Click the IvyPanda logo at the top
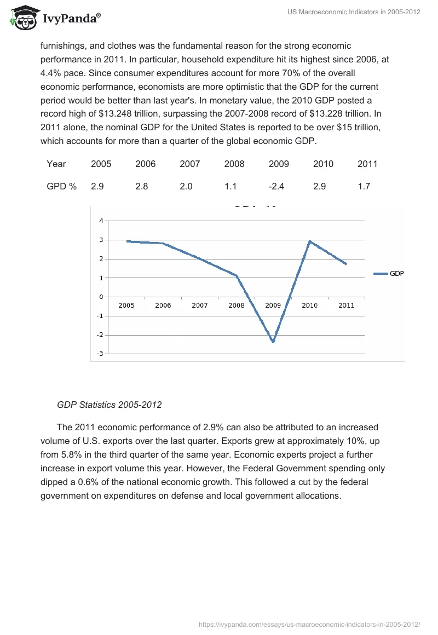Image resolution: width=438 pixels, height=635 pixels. click(x=55, y=18)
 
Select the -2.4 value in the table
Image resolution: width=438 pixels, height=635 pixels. click(x=276, y=186)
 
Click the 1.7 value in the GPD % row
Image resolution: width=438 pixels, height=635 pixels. click(x=364, y=186)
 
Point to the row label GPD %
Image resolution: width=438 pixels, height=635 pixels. click(x=61, y=186)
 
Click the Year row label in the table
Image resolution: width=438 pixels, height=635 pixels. click(x=56, y=164)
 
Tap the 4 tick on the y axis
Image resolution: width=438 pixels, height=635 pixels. click(x=101, y=221)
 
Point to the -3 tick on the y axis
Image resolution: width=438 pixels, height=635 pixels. click(x=100, y=354)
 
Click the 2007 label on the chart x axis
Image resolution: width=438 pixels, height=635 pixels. click(x=199, y=305)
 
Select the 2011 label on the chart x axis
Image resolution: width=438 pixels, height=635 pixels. click(x=346, y=305)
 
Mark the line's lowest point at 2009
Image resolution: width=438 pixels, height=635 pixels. click(x=273, y=342)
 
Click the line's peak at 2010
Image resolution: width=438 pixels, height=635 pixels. click(x=309, y=241)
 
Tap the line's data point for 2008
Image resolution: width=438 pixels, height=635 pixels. click(x=237, y=275)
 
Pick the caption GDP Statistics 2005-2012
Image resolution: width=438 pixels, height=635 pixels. click(x=109, y=405)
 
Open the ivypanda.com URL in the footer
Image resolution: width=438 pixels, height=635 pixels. click(x=309, y=624)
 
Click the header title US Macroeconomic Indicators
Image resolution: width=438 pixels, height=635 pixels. click(x=354, y=13)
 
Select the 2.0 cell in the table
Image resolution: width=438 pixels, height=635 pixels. click(x=186, y=186)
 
